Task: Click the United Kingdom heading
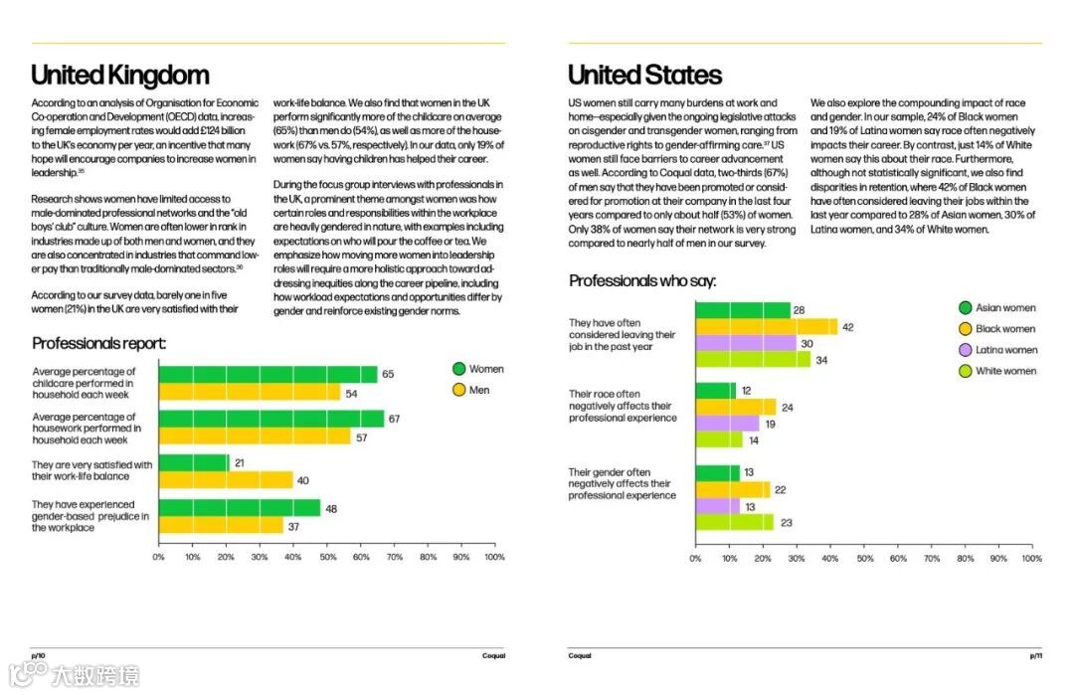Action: [120, 76]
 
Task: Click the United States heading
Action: [644, 76]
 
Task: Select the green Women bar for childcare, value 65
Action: [268, 375]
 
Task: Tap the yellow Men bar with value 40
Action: [226, 480]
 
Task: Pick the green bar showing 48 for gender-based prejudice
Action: [240, 507]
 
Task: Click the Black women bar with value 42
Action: [766, 327]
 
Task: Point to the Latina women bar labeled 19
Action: [727, 424]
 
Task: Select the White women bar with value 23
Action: [734, 521]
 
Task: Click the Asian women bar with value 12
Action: [715, 391]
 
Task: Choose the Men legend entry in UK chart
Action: [477, 390]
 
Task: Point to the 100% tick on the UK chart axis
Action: [494, 557]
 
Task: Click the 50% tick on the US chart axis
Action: [864, 559]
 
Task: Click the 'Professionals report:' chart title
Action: [98, 344]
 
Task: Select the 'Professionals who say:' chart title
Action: [642, 281]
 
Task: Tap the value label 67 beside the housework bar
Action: [394, 420]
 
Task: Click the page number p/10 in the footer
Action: [39, 655]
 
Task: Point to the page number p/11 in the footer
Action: [1035, 655]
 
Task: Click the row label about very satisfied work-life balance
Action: [92, 470]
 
